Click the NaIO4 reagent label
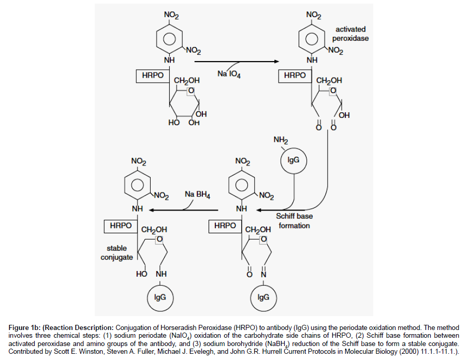click(x=229, y=74)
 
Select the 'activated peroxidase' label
click(x=350, y=35)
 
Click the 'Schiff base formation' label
click(x=294, y=221)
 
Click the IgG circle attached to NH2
click(x=293, y=160)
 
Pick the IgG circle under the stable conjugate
click(x=159, y=297)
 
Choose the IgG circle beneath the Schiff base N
click(x=263, y=297)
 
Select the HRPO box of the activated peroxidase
click(x=295, y=76)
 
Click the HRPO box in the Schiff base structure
click(x=225, y=226)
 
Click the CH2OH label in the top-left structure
click(x=187, y=81)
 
